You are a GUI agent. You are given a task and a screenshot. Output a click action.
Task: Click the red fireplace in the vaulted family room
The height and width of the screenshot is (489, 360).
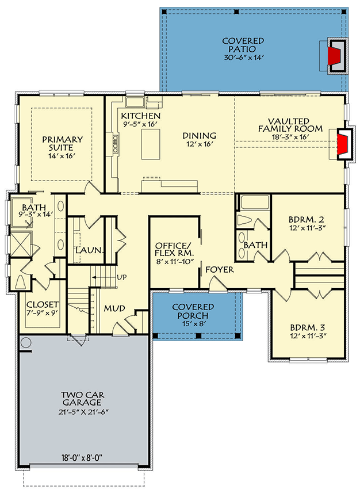tap(343, 144)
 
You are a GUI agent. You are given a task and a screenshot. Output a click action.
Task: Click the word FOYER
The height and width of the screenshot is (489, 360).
tap(219, 269)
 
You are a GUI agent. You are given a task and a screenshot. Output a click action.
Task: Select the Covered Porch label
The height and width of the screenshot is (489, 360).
tap(193, 312)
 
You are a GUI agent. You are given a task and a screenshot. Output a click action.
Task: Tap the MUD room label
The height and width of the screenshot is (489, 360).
tap(114, 308)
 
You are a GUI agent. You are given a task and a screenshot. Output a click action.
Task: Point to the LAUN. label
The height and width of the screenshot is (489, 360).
tap(89, 251)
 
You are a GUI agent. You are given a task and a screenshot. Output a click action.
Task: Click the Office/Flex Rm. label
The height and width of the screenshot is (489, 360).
tap(174, 253)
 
